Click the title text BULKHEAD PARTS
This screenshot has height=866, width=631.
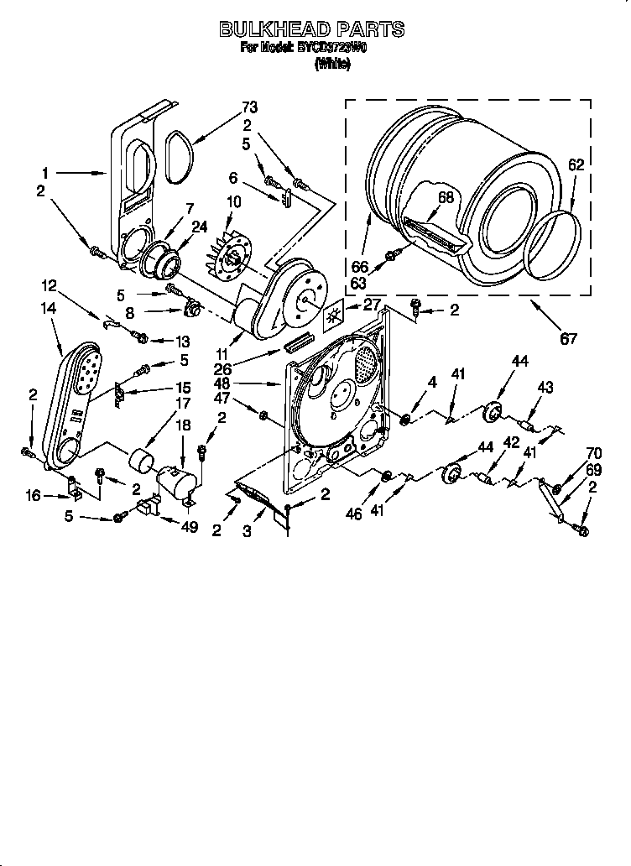(312, 29)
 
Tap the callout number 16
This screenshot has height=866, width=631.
(32, 496)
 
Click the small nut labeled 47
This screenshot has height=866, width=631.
(263, 415)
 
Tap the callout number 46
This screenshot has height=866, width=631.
(354, 514)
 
